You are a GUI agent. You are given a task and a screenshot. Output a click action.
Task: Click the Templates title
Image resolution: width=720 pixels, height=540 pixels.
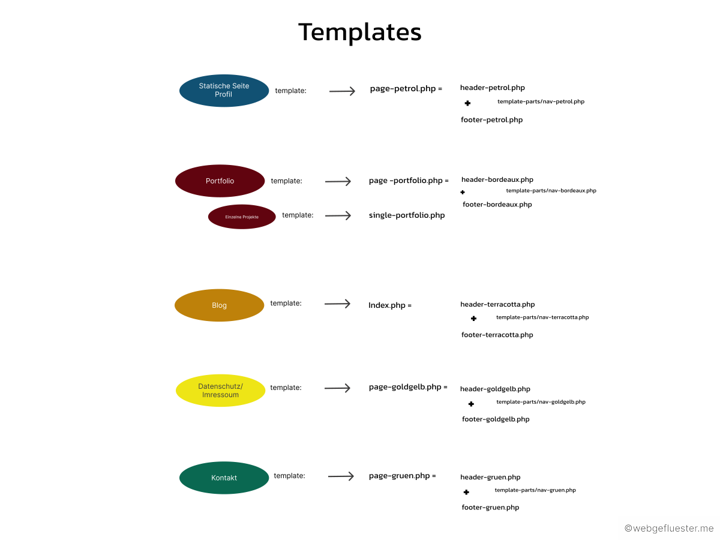(360, 32)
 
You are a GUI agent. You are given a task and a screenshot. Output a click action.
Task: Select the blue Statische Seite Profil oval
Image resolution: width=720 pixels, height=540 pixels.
(224, 91)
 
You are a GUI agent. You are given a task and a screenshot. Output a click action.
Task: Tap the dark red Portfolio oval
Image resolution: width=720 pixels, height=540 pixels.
(220, 181)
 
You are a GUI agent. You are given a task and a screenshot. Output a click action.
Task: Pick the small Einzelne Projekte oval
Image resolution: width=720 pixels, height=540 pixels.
(242, 217)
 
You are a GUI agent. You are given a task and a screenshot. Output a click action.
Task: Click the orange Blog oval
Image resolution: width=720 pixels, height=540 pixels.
(219, 305)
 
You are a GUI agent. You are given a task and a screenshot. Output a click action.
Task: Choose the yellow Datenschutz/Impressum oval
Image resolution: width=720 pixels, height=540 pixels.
(220, 391)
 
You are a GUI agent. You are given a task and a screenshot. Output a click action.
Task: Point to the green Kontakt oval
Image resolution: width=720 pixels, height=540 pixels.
(224, 478)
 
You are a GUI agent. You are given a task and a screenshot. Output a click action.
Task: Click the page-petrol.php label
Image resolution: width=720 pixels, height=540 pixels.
(403, 89)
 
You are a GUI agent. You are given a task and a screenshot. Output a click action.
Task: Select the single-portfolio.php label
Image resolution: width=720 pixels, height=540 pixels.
(407, 215)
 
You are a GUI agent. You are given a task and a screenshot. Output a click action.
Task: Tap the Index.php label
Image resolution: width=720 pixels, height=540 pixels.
(387, 305)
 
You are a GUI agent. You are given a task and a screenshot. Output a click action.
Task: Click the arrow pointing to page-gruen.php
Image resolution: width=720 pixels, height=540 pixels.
(341, 476)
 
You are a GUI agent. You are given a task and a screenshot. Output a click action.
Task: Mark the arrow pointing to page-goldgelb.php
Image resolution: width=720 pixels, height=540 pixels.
(337, 388)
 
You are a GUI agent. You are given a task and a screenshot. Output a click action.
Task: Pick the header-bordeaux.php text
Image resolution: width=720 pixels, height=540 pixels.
(497, 179)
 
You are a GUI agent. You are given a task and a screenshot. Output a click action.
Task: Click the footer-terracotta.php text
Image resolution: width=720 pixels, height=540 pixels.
(497, 335)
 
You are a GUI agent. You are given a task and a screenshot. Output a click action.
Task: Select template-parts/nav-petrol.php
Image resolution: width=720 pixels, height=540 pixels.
(541, 102)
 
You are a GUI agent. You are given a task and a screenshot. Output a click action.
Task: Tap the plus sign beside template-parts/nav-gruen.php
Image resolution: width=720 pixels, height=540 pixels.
(466, 492)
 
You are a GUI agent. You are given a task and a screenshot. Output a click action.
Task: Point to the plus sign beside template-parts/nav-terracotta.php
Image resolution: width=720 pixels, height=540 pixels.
(473, 319)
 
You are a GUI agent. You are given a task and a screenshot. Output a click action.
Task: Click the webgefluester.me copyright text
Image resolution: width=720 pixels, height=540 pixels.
(669, 529)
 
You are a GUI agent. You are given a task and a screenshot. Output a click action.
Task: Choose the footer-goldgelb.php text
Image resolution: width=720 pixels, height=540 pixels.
(496, 419)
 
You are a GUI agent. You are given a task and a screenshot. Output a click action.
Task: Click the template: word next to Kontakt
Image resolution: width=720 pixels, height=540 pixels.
(289, 476)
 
